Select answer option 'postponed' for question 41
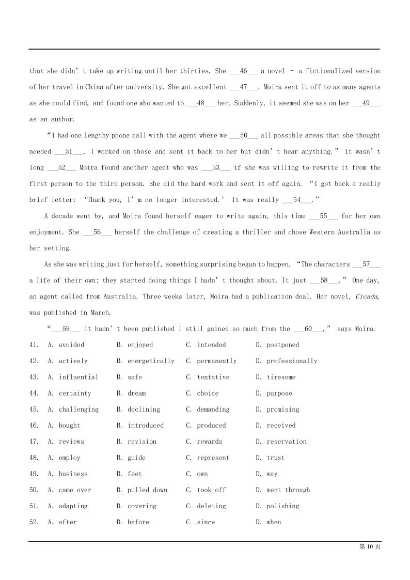click(x=282, y=345)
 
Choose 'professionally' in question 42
click(x=292, y=361)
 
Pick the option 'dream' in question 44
click(x=136, y=393)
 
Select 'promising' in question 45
click(x=282, y=409)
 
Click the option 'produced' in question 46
click(x=211, y=426)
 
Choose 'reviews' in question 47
click(x=71, y=442)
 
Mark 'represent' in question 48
click(x=213, y=458)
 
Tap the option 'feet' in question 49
click(x=134, y=474)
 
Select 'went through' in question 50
click(x=288, y=490)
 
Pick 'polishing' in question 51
click(x=282, y=506)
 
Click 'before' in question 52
click(x=138, y=522)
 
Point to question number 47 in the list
click(x=34, y=442)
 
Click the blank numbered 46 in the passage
click(x=244, y=71)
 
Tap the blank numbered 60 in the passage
click(x=308, y=328)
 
